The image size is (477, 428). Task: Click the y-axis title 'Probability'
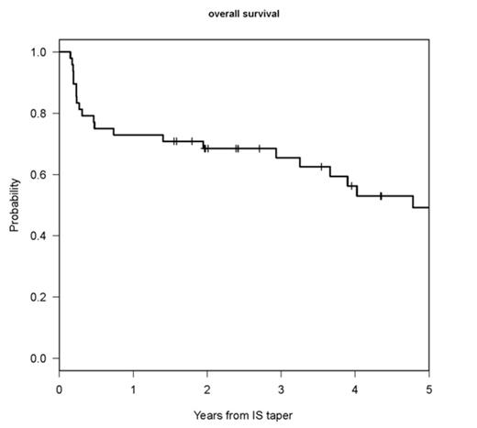pyautogui.click(x=16, y=204)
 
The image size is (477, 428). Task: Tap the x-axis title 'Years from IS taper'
pyautogui.click(x=243, y=413)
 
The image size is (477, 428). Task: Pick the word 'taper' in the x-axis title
pyautogui.click(x=279, y=414)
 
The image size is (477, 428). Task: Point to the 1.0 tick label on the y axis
pyautogui.click(x=38, y=52)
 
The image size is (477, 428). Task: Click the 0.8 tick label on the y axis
pyautogui.click(x=38, y=114)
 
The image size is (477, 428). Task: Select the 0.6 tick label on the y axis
pyautogui.click(x=38, y=174)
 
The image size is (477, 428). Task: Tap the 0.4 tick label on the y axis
pyautogui.click(x=38, y=236)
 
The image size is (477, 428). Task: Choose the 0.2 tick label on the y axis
pyautogui.click(x=38, y=297)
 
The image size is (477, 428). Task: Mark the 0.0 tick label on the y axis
pyautogui.click(x=38, y=358)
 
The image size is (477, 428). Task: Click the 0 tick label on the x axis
pyautogui.click(x=60, y=386)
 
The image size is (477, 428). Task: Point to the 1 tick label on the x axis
pyautogui.click(x=133, y=386)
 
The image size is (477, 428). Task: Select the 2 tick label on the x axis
pyautogui.click(x=207, y=386)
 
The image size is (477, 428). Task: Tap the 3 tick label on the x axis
pyautogui.click(x=281, y=386)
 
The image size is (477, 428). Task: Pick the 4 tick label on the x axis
pyautogui.click(x=355, y=386)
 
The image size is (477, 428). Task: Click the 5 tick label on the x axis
pyautogui.click(x=428, y=386)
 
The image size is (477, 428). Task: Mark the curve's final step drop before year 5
pyautogui.click(x=413, y=202)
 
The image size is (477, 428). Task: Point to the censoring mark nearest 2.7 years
pyautogui.click(x=259, y=148)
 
